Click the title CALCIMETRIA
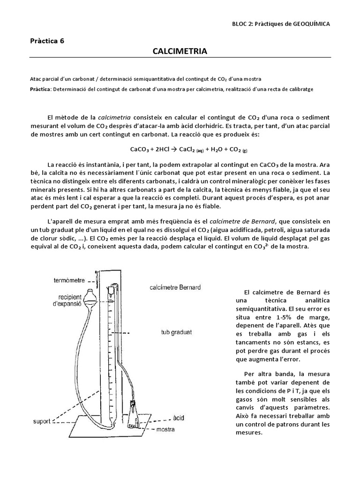[x=180, y=51]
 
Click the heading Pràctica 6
[x=47, y=40]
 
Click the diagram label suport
[x=41, y=421]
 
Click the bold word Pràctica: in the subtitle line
[x=41, y=89]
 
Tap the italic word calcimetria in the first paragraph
[x=114, y=117]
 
